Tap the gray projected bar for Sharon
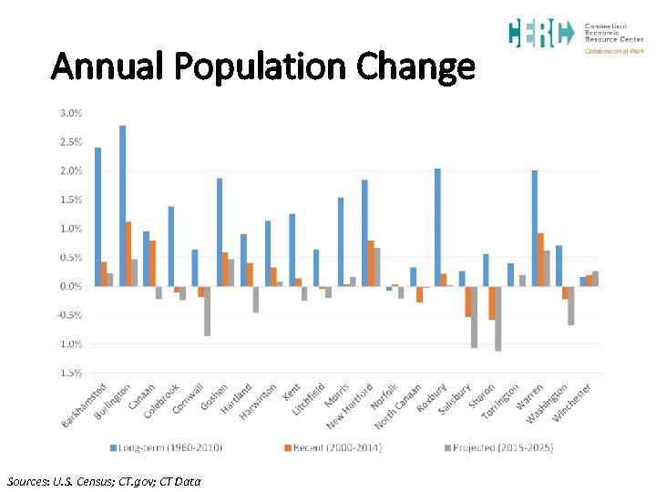click(498, 318)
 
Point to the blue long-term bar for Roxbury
click(437, 227)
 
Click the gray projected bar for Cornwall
click(207, 311)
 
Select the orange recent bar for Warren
click(540, 260)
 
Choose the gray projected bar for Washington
click(571, 305)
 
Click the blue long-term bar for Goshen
click(220, 232)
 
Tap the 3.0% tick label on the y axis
click(70, 113)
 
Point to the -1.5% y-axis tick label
click(70, 373)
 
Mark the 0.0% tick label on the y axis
click(70, 286)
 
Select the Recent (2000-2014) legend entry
click(332, 447)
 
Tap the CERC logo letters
click(540, 34)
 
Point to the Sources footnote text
click(103, 481)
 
